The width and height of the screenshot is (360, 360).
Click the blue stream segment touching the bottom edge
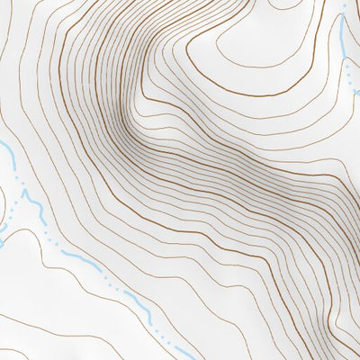click(x=184, y=351)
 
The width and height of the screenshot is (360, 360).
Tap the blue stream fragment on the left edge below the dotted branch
click(x=3, y=241)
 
